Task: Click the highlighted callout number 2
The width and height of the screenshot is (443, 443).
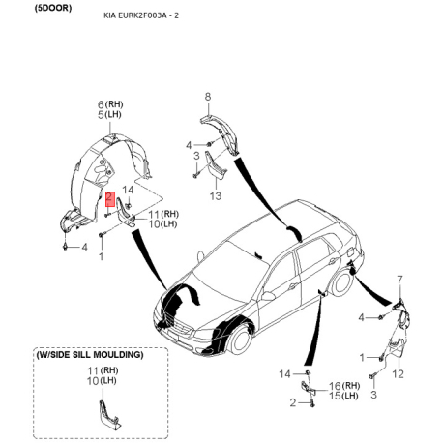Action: pos(110,198)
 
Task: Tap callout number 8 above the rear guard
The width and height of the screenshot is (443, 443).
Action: pos(208,97)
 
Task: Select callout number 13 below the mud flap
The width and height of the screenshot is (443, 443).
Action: pos(216,195)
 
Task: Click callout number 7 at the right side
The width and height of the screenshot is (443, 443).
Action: pos(399,280)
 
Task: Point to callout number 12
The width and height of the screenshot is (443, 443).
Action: pos(398,374)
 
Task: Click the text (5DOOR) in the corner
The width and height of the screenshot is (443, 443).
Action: pos(53,9)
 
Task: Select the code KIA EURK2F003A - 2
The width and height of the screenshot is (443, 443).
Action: pos(141,15)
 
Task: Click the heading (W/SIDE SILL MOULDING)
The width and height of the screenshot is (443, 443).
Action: pos(90,355)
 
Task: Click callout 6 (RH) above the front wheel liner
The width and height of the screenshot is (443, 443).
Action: pos(110,104)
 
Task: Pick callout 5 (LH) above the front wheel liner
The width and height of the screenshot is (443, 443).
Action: pos(109,114)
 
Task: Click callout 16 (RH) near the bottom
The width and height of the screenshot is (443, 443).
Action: pos(344,385)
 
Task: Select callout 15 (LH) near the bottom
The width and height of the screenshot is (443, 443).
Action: pos(343,396)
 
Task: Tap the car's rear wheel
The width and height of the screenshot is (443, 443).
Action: pos(341,284)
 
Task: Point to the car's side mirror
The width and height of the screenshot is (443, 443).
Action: pos(268,296)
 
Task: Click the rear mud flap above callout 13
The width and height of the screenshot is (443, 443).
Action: pos(215,165)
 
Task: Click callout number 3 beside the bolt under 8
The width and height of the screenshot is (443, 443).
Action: pos(196,156)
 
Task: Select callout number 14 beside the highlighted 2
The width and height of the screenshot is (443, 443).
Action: pos(128,190)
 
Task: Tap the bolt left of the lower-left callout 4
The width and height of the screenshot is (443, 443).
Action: pos(66,247)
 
